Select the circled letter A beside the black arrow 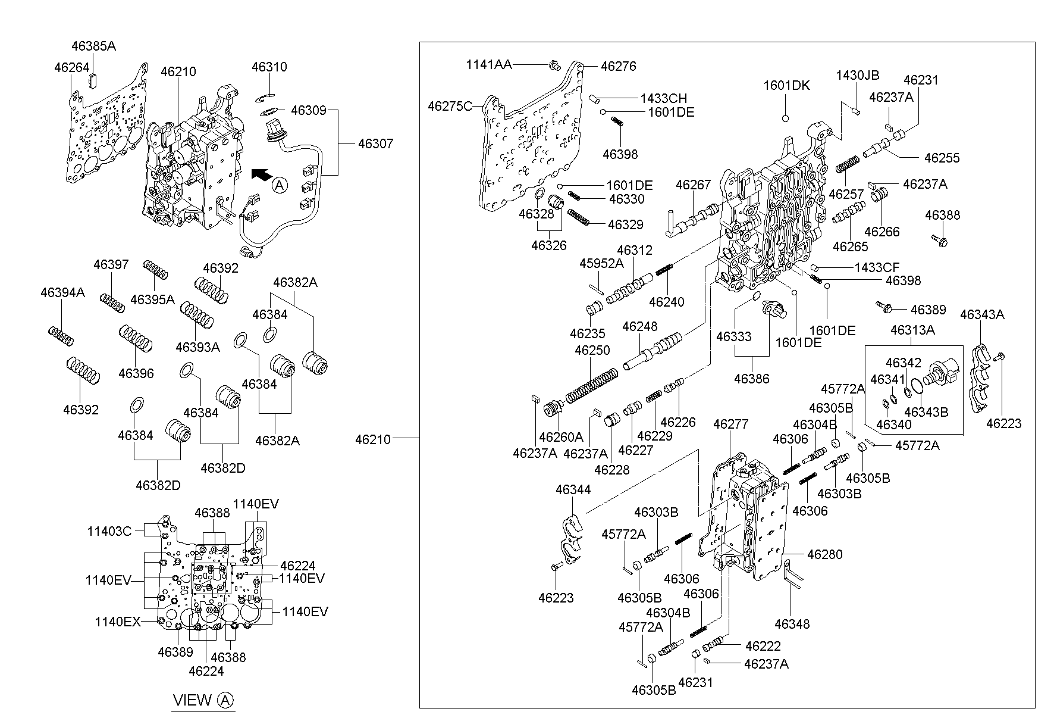[x=280, y=186]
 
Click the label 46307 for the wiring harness [x=375, y=143]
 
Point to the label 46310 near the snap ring [x=269, y=66]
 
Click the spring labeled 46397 [x=112, y=302]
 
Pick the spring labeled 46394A [x=61, y=336]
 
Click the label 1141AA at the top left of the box [x=488, y=65]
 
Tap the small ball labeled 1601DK [x=785, y=118]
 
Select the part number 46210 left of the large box [x=373, y=439]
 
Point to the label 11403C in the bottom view [x=109, y=530]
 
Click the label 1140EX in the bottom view [x=118, y=622]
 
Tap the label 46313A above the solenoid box [x=912, y=329]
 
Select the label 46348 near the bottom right [x=792, y=623]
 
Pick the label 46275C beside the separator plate [x=450, y=106]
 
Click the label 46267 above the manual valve [x=693, y=185]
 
